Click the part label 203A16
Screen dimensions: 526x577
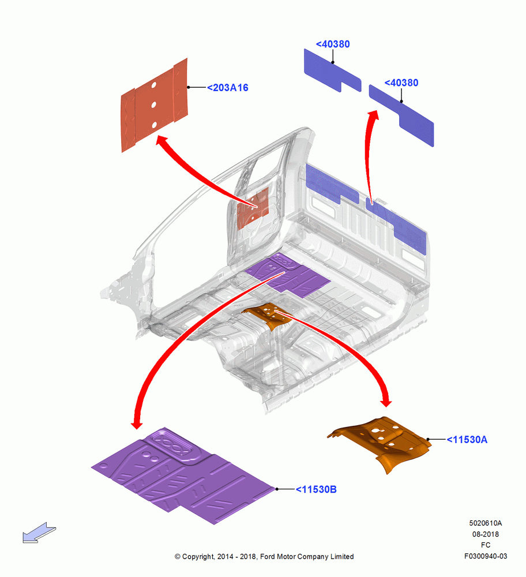pos(228,88)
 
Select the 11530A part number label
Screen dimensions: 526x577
pos(467,440)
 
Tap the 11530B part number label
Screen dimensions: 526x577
pos(316,489)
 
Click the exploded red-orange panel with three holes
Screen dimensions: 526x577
pos(154,105)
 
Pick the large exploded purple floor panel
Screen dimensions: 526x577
pos(184,477)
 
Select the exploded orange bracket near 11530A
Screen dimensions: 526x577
pos(381,441)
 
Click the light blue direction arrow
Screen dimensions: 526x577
pos(39,533)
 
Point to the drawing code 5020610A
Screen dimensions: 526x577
pos(485,523)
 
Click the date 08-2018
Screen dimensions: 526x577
pos(486,534)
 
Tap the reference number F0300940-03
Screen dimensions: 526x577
pos(486,556)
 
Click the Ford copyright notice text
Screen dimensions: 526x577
pos(264,556)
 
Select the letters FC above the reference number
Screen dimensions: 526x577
pos(486,545)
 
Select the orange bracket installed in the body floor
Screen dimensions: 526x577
pos(267,315)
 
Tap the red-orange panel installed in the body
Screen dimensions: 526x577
pos(253,209)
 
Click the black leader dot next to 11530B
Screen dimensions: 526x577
pos(277,489)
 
